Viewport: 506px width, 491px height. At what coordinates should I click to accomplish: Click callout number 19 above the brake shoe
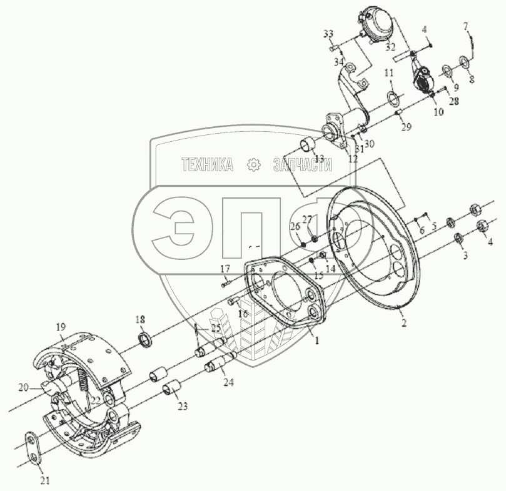point(61,326)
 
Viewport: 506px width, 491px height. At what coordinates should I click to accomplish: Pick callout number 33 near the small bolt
point(329,32)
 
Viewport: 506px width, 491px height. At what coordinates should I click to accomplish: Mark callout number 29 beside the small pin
point(407,127)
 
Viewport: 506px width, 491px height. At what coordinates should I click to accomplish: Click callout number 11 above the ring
point(388,74)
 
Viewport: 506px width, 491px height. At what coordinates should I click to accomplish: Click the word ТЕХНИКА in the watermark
point(207,165)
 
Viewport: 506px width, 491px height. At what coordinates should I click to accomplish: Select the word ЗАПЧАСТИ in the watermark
point(302,165)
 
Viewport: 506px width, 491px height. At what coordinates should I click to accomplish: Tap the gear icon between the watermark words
point(253,165)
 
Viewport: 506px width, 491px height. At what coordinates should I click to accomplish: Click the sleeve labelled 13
point(306,147)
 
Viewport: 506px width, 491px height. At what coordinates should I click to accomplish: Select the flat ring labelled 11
point(394,97)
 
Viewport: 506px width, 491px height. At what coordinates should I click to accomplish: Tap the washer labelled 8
point(465,61)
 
